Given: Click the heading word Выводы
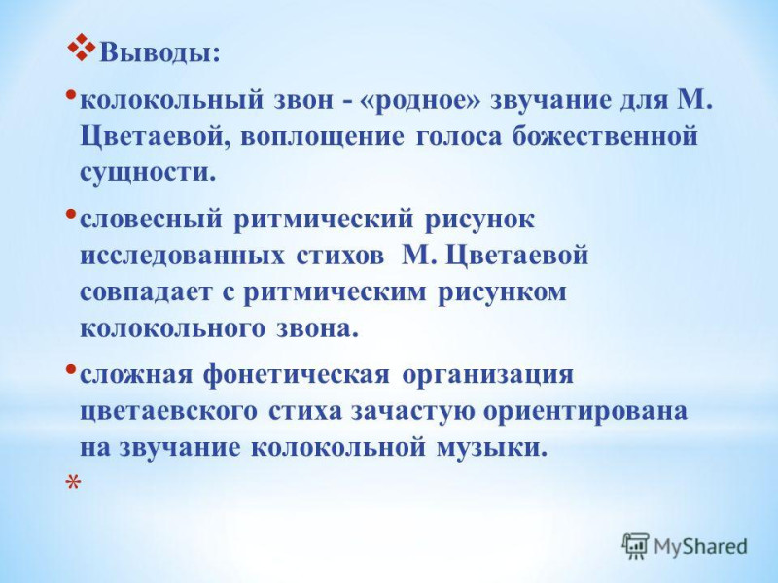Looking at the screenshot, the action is coord(159,53).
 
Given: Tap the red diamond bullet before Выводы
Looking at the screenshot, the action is coord(81,49).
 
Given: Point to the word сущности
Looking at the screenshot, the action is coord(149,173).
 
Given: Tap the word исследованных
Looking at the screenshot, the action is coord(182,257).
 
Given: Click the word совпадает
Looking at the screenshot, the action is coord(146,292).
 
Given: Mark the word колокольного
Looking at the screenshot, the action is coord(172,329).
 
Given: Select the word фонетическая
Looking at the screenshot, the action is coord(297,375).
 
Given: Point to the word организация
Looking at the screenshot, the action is coord(487,375).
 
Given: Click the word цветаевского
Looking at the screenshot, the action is coord(168,412).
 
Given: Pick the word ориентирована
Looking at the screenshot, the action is coord(585,412).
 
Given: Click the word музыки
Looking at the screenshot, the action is coord(492,449).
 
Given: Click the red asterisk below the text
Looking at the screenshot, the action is coord(73,483).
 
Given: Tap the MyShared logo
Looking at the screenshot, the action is coord(685,546).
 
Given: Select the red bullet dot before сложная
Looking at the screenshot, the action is coord(71,369).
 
